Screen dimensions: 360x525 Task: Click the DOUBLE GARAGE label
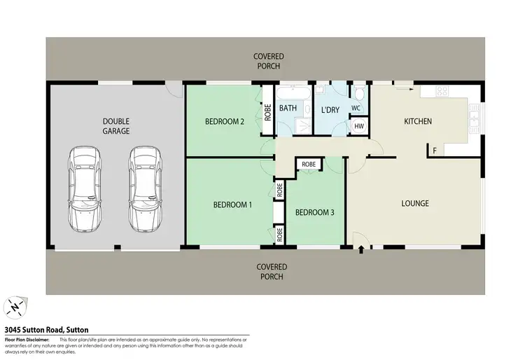pyautogui.click(x=115, y=125)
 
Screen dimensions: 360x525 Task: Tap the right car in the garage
pyautogui.click(x=145, y=189)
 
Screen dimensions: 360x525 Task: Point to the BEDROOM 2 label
pyautogui.click(x=224, y=121)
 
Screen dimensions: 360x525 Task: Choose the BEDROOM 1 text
pyautogui.click(x=232, y=205)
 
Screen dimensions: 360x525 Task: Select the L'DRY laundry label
pyautogui.click(x=330, y=110)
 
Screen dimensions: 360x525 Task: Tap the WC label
pyautogui.click(x=356, y=109)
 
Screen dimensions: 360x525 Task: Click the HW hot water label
pyautogui.click(x=358, y=126)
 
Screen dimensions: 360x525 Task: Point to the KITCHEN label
pyautogui.click(x=418, y=121)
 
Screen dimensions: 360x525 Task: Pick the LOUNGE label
pyautogui.click(x=414, y=204)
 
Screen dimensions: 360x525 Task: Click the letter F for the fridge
pyautogui.click(x=434, y=151)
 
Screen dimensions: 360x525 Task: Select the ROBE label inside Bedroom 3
pyautogui.click(x=309, y=164)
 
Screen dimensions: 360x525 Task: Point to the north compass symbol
pyautogui.click(x=15, y=307)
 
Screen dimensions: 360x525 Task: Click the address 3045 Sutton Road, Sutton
pyautogui.click(x=46, y=329)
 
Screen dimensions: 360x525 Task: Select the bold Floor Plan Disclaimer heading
pyautogui.click(x=27, y=338)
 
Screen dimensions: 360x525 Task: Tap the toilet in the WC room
pyautogui.click(x=358, y=95)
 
